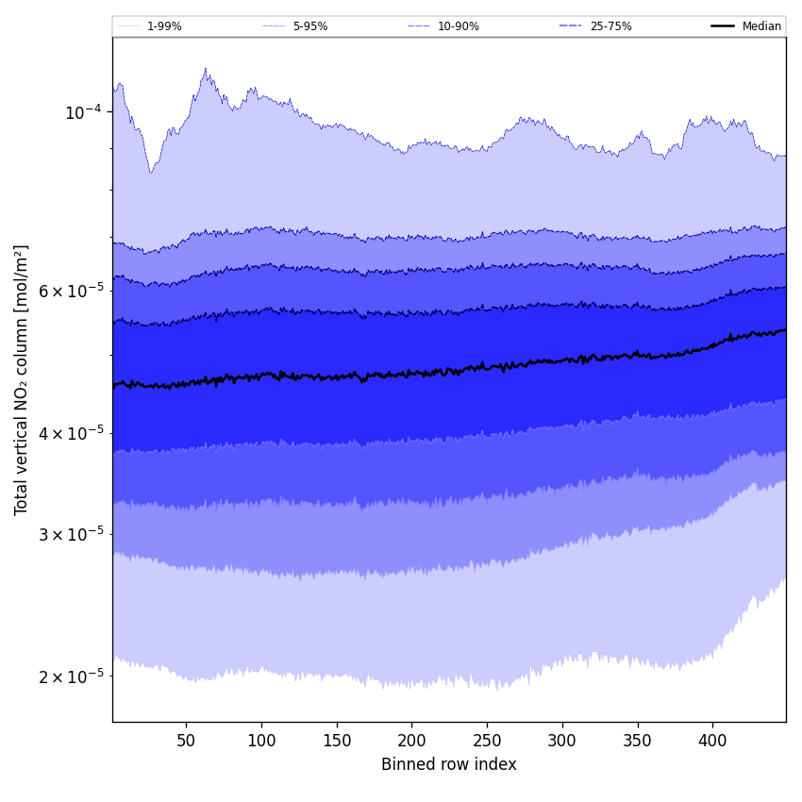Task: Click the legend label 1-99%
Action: [164, 26]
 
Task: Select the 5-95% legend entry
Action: [310, 26]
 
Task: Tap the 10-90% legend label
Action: [458, 26]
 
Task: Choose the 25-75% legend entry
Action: [610, 26]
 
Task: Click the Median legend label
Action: [761, 26]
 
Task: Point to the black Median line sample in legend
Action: [723, 26]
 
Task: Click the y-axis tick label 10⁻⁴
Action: [82, 112]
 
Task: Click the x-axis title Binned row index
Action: [449, 764]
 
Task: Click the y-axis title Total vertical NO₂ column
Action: [21, 379]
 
